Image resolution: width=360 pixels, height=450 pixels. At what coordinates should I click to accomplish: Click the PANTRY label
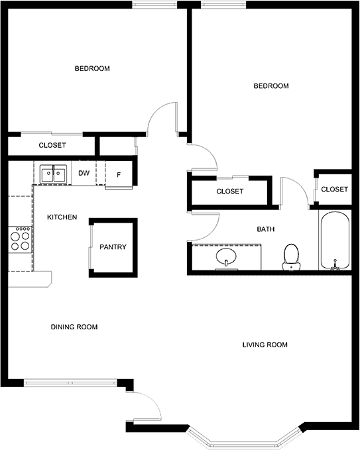tap(113, 247)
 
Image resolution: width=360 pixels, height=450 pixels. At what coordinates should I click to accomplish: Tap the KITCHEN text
tap(62, 217)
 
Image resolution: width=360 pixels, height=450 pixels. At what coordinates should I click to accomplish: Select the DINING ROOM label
tap(74, 327)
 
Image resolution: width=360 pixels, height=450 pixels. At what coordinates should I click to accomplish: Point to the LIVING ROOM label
tap(265, 345)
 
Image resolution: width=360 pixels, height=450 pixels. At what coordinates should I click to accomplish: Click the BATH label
tap(266, 229)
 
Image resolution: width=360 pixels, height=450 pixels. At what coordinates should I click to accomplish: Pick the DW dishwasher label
tap(84, 173)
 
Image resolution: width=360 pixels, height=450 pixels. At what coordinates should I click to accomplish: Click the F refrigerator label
tap(119, 174)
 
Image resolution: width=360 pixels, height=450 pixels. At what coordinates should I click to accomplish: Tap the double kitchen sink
tap(53, 174)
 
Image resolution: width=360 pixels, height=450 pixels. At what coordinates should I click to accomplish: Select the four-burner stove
tap(20, 239)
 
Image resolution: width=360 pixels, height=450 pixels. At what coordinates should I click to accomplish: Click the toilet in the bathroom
tap(291, 257)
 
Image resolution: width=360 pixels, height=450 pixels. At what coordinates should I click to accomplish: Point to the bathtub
tap(335, 241)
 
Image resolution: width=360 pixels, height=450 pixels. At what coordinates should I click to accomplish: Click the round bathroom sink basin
tap(226, 256)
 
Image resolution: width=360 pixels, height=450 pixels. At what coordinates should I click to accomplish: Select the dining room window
tap(70, 383)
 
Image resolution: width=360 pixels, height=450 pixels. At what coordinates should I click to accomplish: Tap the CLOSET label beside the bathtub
tap(334, 189)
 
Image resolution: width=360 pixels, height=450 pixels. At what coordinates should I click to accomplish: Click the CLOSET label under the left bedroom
tap(52, 145)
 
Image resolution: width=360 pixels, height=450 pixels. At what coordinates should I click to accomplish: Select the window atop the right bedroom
tap(223, 4)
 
